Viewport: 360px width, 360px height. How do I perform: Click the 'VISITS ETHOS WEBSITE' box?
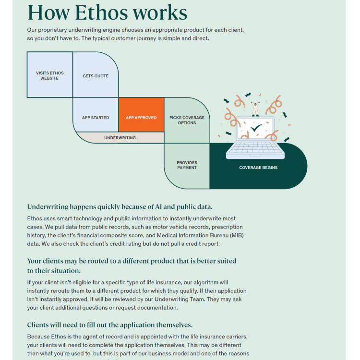coord(49,75)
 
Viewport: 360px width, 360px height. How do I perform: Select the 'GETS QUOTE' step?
coord(96,76)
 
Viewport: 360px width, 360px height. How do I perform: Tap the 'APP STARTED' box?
coord(96,118)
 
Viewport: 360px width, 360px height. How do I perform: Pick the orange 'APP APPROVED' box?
coord(141,118)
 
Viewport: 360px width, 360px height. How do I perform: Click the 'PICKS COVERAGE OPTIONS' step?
coord(187,120)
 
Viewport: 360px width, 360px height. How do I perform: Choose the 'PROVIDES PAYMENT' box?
coord(187,165)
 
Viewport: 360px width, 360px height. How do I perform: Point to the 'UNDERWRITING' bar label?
coord(120,138)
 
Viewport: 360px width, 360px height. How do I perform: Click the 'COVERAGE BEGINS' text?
coord(258,168)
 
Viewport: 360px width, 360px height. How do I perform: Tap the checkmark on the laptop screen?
coord(256,129)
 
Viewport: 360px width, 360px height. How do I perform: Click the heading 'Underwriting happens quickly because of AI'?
coord(120,207)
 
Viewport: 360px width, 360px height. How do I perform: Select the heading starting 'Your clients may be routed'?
coord(131,261)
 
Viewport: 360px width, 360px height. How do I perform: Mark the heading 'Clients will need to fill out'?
coord(109,325)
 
